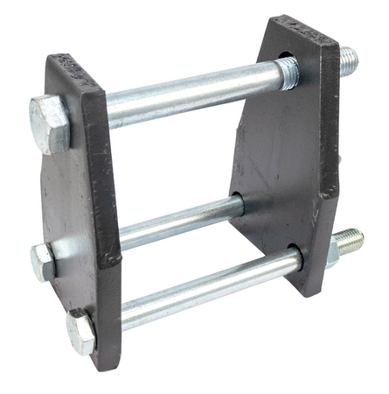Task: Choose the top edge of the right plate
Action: pos(301,28)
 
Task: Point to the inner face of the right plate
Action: pos(271,149)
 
